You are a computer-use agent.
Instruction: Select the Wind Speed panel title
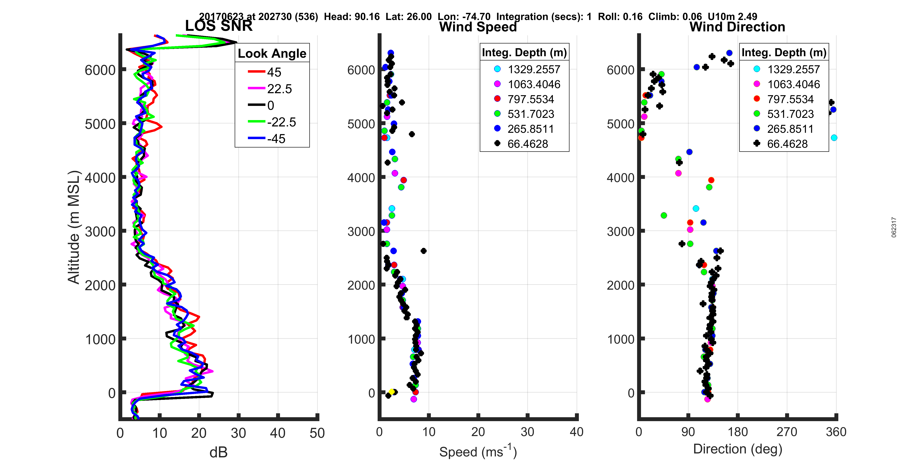(478, 27)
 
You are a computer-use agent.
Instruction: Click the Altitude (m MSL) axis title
(74, 227)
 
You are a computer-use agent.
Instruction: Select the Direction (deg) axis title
(738, 449)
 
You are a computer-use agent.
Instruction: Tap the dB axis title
(218, 452)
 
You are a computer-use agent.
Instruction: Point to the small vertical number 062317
(894, 227)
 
